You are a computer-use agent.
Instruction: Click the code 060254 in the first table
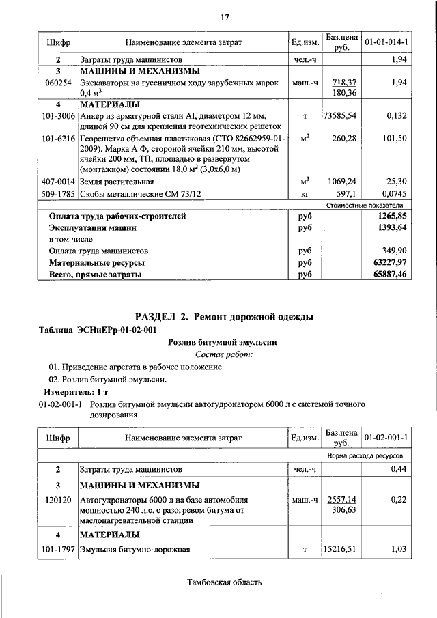point(58,82)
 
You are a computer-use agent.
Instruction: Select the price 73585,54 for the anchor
point(340,116)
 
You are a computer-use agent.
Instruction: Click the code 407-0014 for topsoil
point(58,182)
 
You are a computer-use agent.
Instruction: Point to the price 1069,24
point(343,182)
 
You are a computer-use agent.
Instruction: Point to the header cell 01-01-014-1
point(386,42)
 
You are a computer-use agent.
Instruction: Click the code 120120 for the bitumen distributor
point(58,500)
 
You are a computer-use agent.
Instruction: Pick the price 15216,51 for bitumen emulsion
point(340,548)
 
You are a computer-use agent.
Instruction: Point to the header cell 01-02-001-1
point(386,436)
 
